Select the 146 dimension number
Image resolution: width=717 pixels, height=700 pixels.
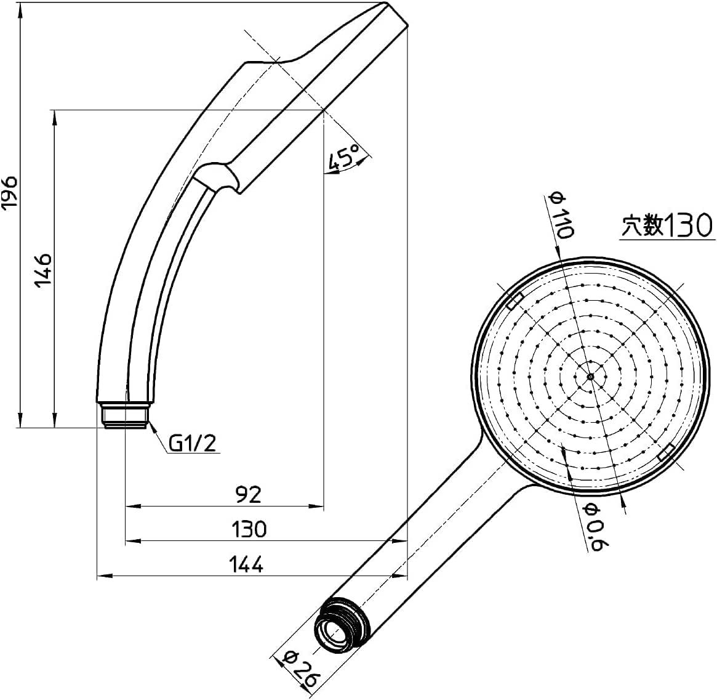click(x=43, y=269)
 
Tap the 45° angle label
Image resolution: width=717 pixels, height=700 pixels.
click(x=344, y=158)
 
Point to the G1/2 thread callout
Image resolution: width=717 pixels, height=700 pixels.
click(x=193, y=443)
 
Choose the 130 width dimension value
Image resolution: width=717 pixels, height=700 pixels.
click(x=249, y=529)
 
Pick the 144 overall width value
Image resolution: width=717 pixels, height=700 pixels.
click(x=246, y=564)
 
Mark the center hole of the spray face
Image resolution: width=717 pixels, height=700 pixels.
click(x=590, y=376)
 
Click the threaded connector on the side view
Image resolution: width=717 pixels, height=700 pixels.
click(x=126, y=415)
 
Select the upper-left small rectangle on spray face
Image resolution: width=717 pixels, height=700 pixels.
click(x=515, y=301)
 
